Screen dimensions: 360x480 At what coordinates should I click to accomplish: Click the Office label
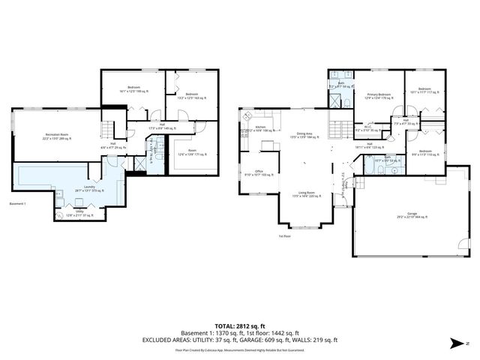[x=258, y=172]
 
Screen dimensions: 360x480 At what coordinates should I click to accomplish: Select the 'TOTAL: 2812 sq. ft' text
[x=239, y=318]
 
